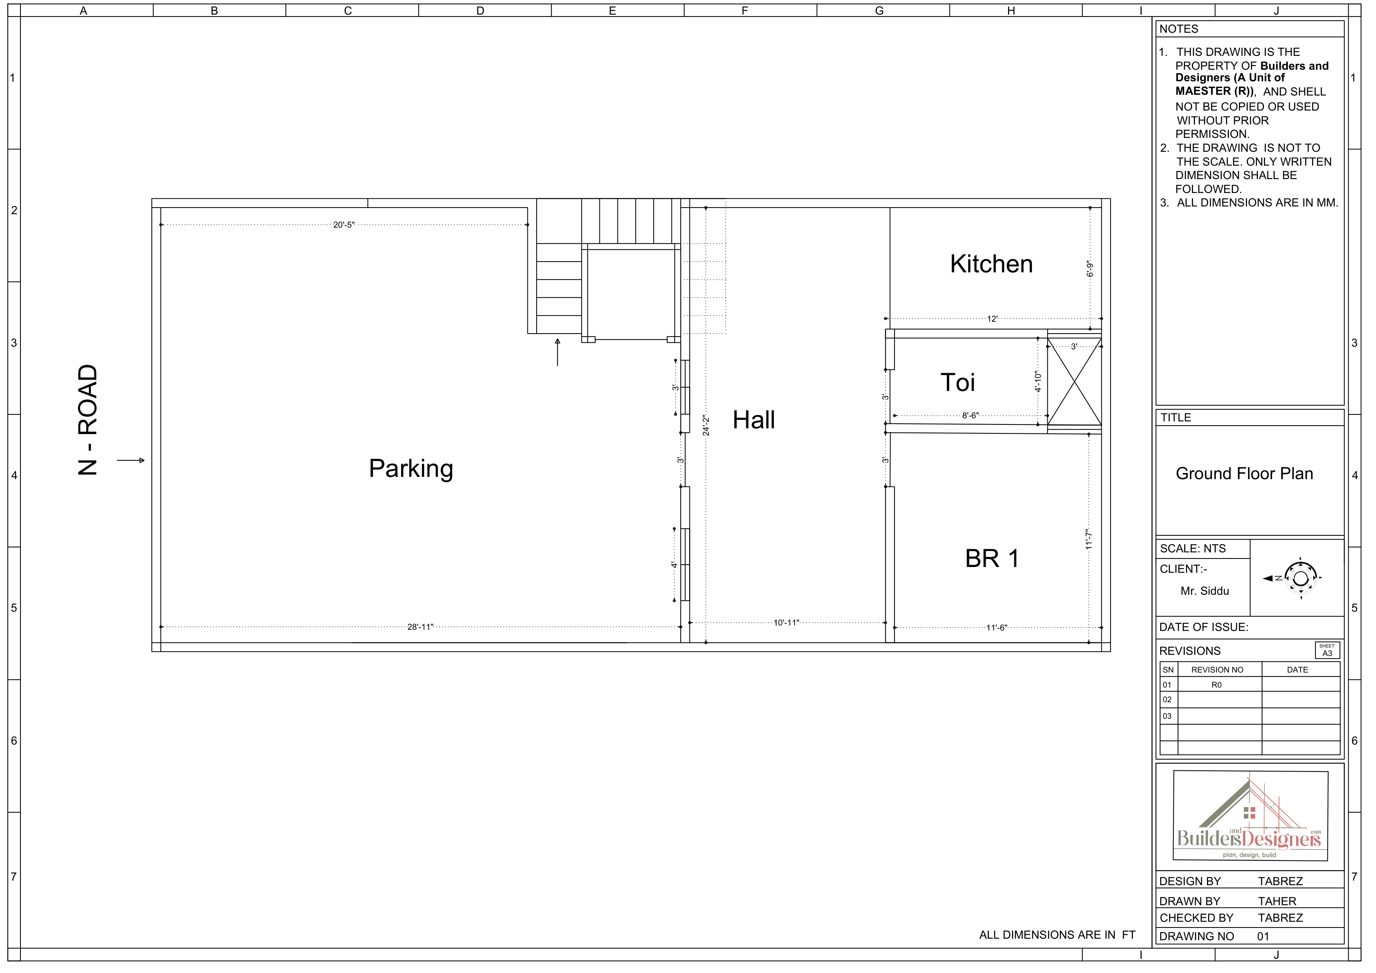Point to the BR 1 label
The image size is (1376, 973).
992,559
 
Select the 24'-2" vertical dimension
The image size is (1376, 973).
706,425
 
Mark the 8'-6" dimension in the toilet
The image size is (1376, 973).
970,415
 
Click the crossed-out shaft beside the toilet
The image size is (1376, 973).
1074,382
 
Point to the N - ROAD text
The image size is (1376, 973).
87,420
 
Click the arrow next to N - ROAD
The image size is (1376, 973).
131,460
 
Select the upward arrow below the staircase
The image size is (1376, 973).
557,352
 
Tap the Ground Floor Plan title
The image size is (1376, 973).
1244,473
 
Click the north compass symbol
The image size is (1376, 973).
1299,577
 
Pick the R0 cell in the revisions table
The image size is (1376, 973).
1217,685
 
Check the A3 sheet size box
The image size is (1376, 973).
1327,650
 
